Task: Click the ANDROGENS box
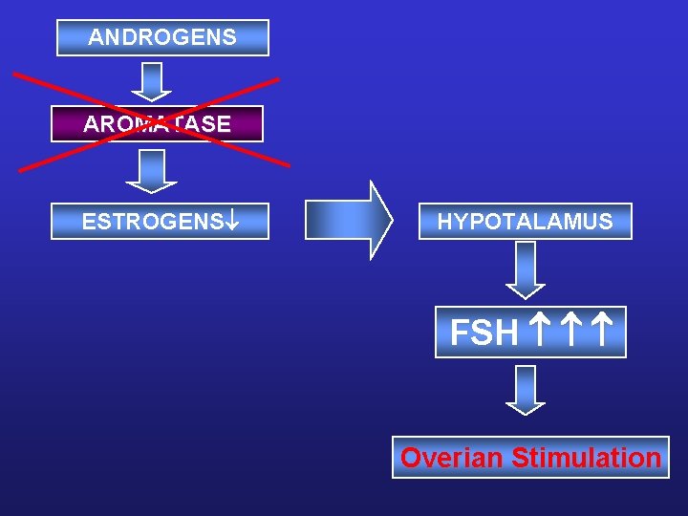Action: tap(162, 38)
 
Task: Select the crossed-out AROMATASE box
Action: tap(157, 124)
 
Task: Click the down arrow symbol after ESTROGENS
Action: tap(231, 222)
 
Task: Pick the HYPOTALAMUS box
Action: tap(525, 222)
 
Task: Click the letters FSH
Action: tap(484, 333)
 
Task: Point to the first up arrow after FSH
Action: tap(537, 332)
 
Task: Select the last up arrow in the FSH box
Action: tap(602, 332)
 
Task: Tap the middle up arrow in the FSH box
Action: tap(570, 332)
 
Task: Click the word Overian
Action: tap(451, 458)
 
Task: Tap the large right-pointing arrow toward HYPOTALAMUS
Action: tap(348, 221)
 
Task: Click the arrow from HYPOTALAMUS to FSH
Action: tap(525, 269)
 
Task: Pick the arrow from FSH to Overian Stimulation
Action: tap(525, 390)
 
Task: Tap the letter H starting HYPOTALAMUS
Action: tap(444, 222)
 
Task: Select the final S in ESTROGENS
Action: tap(217, 222)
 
